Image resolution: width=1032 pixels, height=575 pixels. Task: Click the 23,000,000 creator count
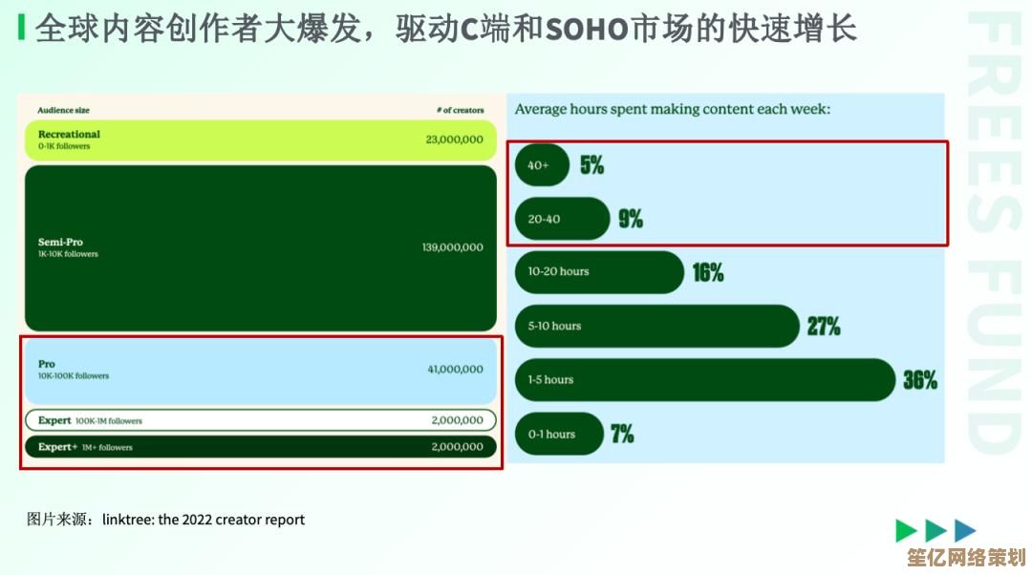click(454, 139)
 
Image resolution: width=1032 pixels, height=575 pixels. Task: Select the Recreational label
click(69, 135)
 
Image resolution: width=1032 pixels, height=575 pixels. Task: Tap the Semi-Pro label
click(60, 242)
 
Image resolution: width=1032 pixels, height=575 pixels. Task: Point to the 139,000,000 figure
click(453, 247)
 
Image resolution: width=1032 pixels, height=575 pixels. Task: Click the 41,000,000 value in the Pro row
click(456, 370)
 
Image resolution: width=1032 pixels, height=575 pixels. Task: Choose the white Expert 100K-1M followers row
click(261, 420)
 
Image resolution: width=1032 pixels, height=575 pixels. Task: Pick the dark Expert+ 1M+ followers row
click(261, 447)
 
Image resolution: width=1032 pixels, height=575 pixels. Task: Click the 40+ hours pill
click(542, 165)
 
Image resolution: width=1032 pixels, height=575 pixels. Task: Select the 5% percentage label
click(591, 164)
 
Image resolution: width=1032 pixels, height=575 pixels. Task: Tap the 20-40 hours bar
click(562, 219)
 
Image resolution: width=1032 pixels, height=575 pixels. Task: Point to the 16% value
click(707, 272)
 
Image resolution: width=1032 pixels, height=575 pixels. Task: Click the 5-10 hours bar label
click(554, 327)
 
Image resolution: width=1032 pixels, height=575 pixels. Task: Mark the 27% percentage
click(824, 327)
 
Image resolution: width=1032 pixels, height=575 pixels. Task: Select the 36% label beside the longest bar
click(920, 380)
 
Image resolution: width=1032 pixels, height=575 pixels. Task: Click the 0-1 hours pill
click(559, 434)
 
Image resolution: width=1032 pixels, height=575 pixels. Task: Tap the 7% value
click(622, 434)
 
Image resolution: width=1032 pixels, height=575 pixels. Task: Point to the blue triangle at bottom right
click(964, 530)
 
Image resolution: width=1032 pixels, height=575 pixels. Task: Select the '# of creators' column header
click(460, 111)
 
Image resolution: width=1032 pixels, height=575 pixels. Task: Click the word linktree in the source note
click(128, 520)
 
